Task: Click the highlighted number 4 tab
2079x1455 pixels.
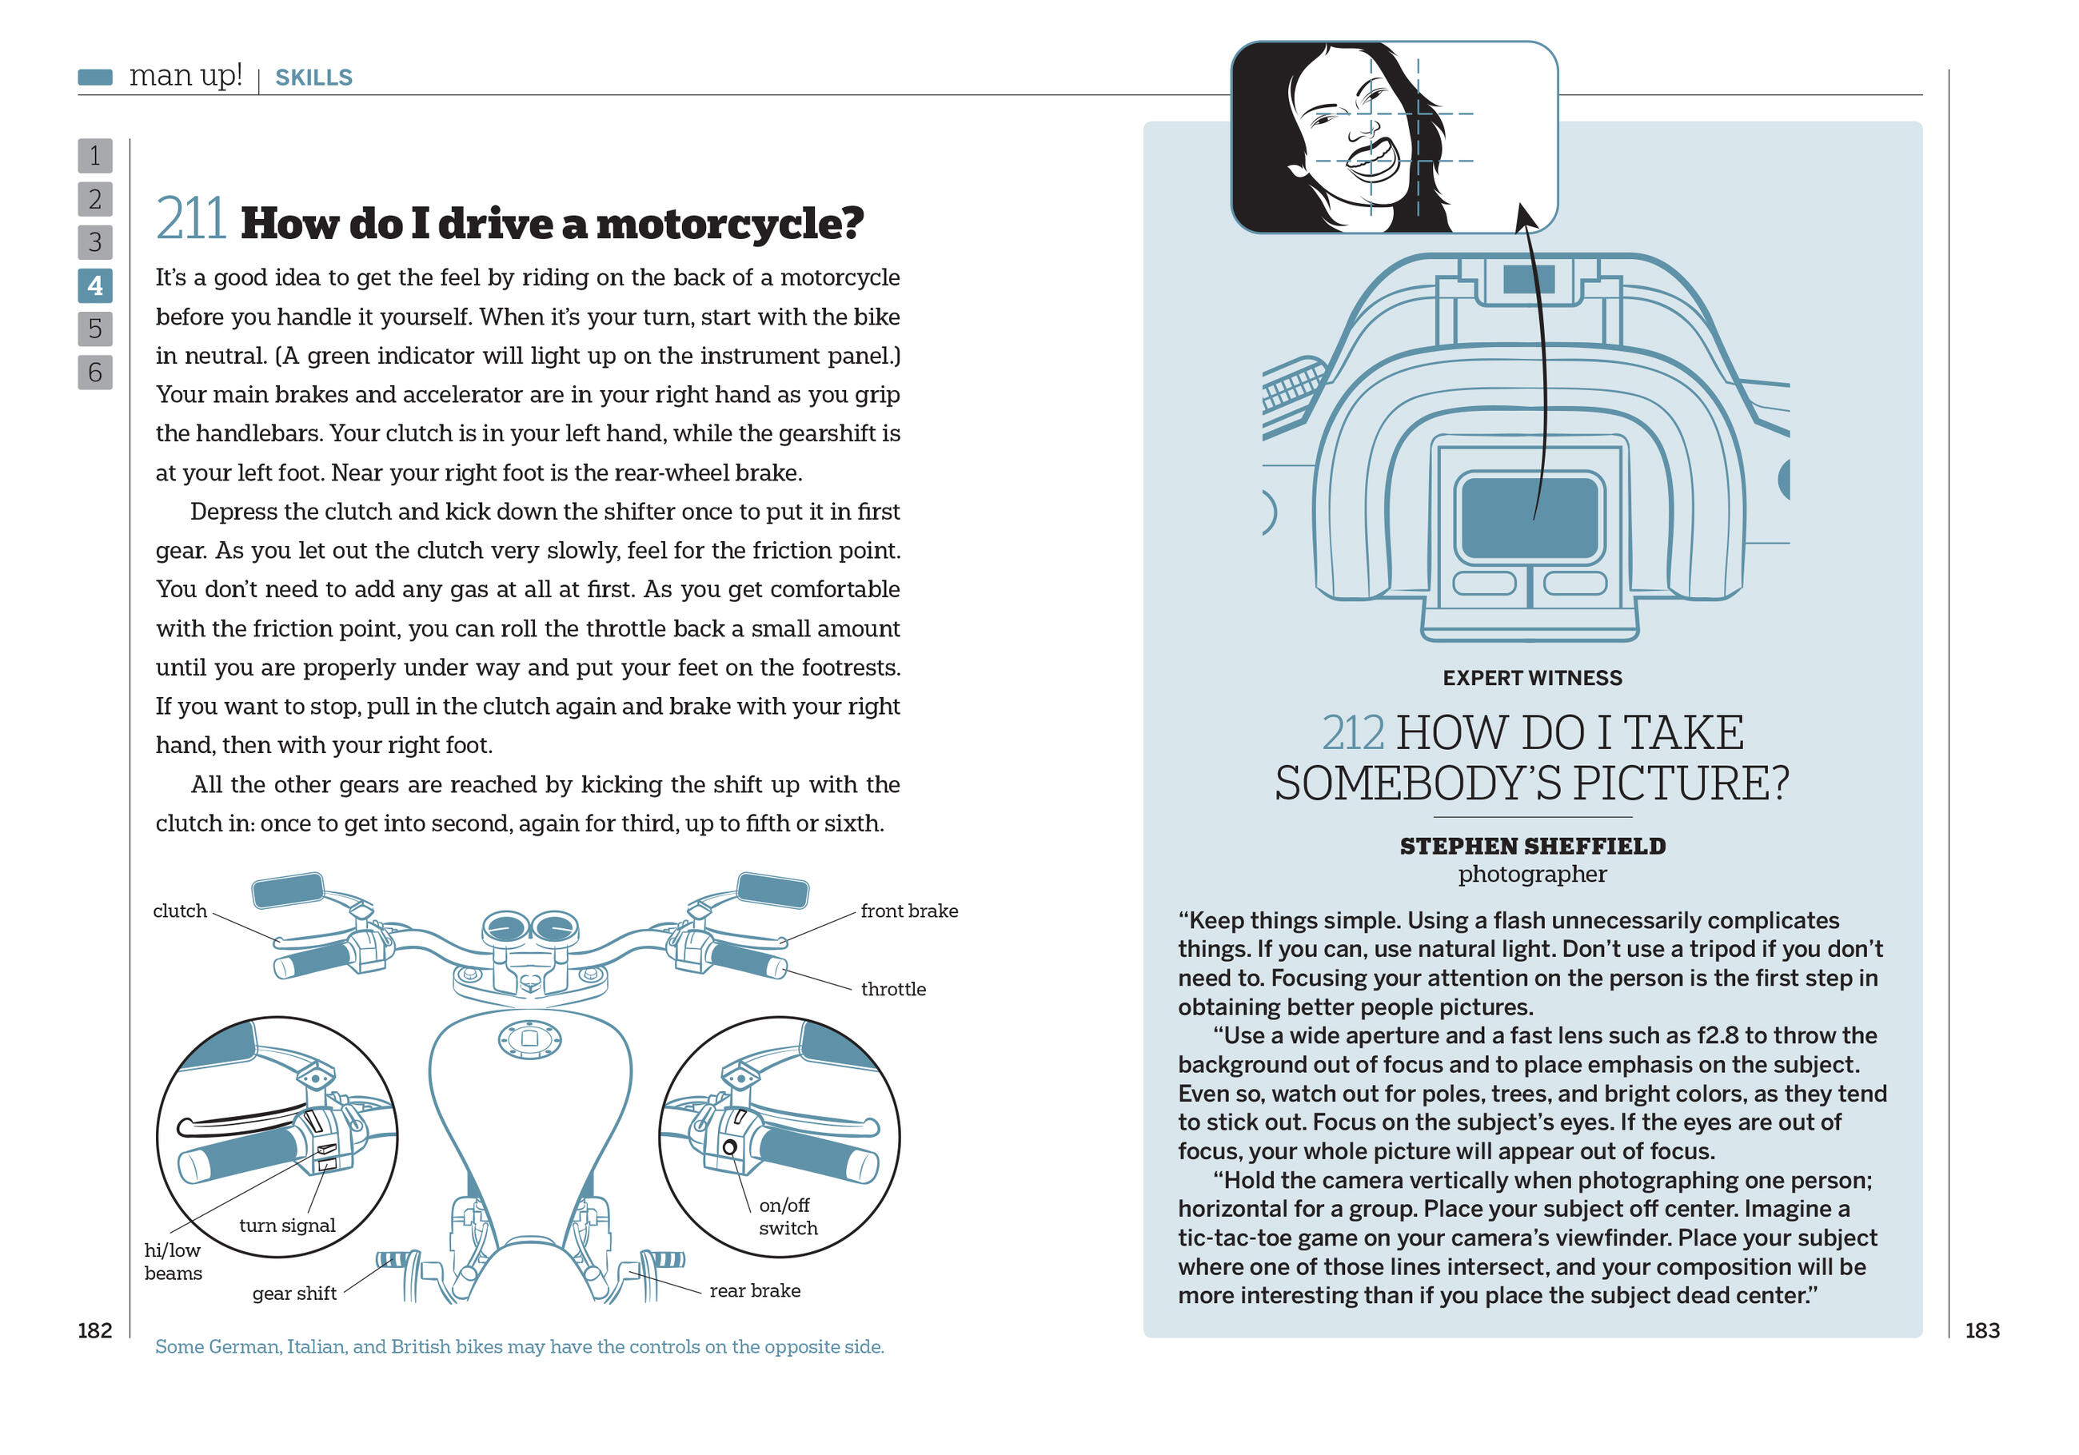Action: [x=95, y=286]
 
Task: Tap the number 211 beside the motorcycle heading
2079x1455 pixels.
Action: [x=190, y=220]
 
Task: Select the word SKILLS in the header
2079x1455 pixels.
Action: [x=313, y=78]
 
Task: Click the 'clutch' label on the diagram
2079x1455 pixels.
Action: [x=179, y=911]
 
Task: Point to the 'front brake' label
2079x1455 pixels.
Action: [x=908, y=911]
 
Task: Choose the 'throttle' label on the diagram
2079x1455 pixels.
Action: [x=893, y=989]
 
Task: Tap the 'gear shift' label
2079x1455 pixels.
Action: [x=294, y=1293]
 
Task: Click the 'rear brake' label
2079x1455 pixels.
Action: [x=754, y=1290]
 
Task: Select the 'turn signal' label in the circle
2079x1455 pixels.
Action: [x=287, y=1225]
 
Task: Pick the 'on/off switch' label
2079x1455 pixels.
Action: [x=787, y=1216]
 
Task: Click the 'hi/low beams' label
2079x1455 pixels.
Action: [x=173, y=1262]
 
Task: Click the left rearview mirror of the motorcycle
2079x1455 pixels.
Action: [x=287, y=890]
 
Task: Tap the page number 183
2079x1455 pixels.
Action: [x=1981, y=1330]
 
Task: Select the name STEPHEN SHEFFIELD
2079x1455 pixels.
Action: [x=1532, y=846]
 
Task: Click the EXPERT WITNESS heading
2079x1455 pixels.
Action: [x=1532, y=678]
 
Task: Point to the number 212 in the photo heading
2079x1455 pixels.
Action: [x=1353, y=733]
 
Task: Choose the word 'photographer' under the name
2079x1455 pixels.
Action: [x=1532, y=874]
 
